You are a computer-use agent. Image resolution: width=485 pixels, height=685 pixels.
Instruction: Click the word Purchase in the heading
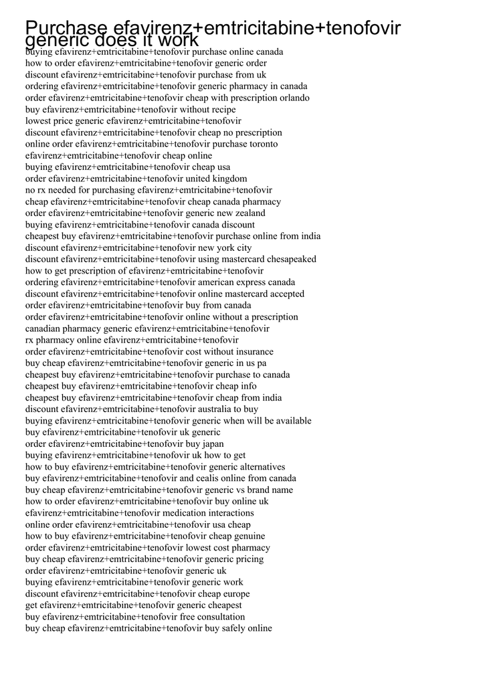66,28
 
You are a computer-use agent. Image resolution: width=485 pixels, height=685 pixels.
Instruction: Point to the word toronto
262,144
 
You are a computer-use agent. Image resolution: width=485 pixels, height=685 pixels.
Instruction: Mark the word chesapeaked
292,259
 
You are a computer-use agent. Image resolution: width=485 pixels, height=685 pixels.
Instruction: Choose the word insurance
254,352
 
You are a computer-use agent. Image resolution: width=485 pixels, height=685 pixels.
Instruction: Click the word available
289,421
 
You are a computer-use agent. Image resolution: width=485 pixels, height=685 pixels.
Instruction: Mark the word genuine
250,536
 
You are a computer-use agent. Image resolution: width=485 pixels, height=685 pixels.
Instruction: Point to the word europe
235,594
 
